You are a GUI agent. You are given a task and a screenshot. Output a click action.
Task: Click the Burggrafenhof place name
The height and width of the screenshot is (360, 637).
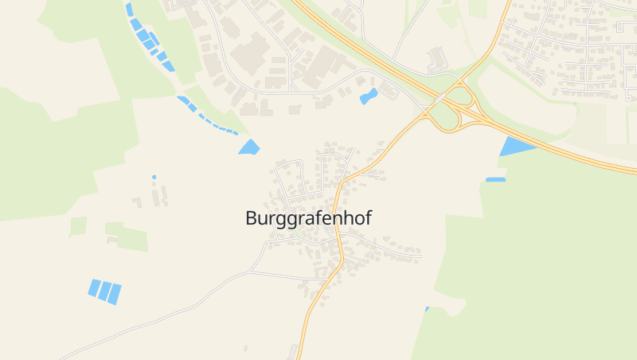point(308,218)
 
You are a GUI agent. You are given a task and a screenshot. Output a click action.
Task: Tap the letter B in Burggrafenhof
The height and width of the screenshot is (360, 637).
point(252,217)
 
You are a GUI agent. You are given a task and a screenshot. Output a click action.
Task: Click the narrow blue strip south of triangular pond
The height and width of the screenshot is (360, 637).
point(495,179)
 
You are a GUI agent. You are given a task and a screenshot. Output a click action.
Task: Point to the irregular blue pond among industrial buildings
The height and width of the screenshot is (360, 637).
point(368,97)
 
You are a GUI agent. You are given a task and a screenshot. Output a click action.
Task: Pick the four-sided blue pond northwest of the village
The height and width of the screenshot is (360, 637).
point(249,147)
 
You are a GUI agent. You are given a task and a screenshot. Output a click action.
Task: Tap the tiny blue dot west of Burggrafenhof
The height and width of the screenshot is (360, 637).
point(154,177)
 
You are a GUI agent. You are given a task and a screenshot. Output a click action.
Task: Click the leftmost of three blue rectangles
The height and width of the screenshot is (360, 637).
point(95,288)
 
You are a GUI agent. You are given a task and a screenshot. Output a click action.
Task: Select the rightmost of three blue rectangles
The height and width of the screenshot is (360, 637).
point(115,294)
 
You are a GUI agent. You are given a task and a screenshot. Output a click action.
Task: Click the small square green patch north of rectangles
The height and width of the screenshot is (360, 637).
point(78,226)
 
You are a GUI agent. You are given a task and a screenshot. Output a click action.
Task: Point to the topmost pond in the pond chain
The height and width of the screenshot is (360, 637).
point(128,9)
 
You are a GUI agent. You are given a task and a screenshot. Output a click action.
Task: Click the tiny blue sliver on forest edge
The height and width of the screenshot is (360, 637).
point(427,309)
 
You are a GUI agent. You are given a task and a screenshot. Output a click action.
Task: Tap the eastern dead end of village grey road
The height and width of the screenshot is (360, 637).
point(420,256)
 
